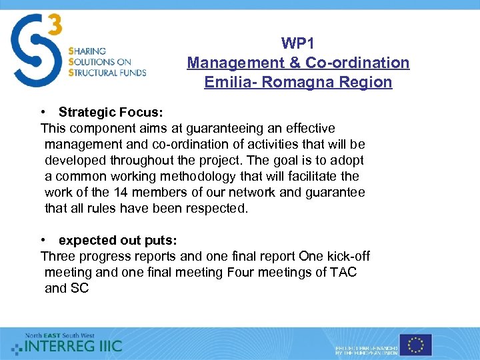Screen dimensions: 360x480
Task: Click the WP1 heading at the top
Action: [x=298, y=44]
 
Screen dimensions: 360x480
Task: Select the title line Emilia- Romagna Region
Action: [x=298, y=83]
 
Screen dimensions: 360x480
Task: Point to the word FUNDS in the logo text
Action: [x=131, y=73]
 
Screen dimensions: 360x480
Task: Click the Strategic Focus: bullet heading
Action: [x=110, y=112]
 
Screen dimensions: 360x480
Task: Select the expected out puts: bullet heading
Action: [x=117, y=240]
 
